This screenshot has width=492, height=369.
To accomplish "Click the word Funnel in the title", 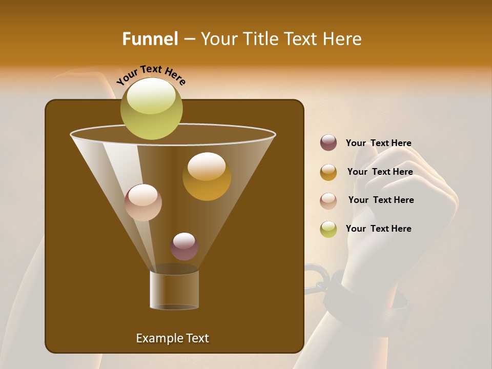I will pyautogui.click(x=150, y=39).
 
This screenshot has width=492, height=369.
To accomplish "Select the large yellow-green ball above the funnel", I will pyautogui.click(x=152, y=108).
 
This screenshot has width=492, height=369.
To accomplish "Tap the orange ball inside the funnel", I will pyautogui.click(x=207, y=176).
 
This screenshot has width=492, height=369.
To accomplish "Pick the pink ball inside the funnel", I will pyautogui.click(x=143, y=202).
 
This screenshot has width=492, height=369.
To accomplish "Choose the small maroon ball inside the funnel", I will pyautogui.click(x=184, y=246).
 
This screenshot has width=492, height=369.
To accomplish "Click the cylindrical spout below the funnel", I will pyautogui.click(x=174, y=290).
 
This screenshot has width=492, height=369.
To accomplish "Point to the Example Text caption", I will pyautogui.click(x=172, y=338).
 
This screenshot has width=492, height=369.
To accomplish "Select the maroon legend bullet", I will pyautogui.click(x=329, y=143).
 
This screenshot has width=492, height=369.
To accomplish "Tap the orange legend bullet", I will pyautogui.click(x=329, y=172).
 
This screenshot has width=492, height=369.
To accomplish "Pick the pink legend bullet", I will pyautogui.click(x=329, y=200).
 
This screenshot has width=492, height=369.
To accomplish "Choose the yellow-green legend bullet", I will pyautogui.click(x=329, y=229).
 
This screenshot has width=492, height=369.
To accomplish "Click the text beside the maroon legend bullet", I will pyautogui.click(x=378, y=143).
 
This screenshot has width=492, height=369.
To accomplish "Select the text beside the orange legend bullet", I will pyautogui.click(x=380, y=172).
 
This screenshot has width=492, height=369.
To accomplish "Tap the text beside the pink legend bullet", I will pyautogui.click(x=381, y=200).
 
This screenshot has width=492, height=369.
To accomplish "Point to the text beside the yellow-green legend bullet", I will pyautogui.click(x=378, y=229).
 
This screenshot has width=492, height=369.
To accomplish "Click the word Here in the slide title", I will pyautogui.click(x=343, y=39).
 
